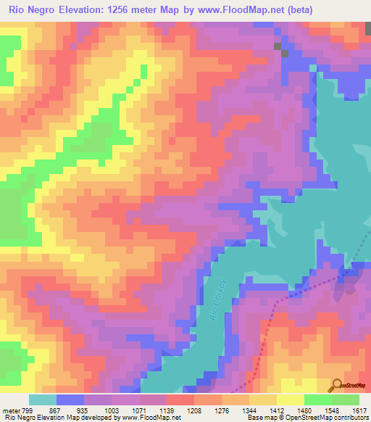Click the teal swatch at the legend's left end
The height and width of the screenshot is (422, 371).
42,400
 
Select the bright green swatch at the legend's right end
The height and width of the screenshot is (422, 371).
346,400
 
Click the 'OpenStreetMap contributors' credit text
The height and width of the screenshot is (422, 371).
330,418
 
